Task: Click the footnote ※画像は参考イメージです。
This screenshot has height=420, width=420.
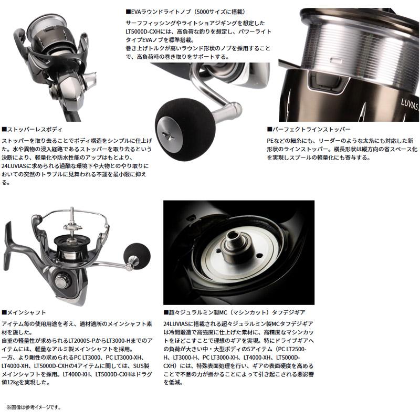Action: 34,407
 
